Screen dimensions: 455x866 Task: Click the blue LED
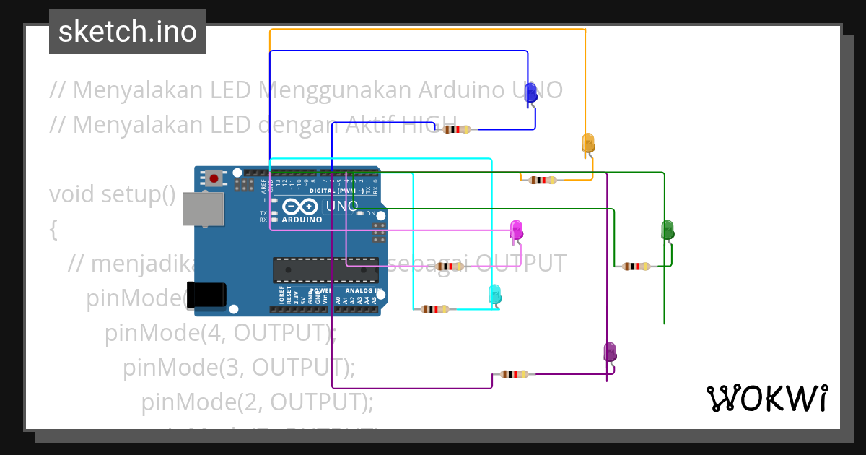[530, 93]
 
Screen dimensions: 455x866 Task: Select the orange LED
[588, 143]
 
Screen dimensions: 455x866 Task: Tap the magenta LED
[517, 230]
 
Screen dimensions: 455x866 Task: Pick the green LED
[668, 230]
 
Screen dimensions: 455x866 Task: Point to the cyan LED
[494, 294]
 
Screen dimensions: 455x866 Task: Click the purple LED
[610, 352]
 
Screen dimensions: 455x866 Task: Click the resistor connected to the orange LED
[543, 180]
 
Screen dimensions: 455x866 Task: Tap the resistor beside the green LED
[636, 266]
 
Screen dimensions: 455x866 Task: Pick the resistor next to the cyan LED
[434, 309]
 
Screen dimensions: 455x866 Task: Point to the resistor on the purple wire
[514, 374]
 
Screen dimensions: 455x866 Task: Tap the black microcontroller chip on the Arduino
[325, 269]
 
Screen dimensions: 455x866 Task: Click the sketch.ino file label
[128, 32]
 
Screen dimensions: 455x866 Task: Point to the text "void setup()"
[113, 194]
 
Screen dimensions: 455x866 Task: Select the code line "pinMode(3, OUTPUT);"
[239, 367]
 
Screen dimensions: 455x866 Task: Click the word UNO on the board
[342, 206]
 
